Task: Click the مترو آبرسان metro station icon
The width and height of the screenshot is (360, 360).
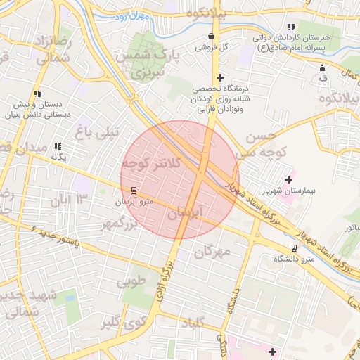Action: pos(133,190)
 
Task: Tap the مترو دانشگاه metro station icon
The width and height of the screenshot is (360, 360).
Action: pos(294,247)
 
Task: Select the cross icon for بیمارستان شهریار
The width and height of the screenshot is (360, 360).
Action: pos(288,179)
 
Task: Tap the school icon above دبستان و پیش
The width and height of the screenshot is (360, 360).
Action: pos(37,93)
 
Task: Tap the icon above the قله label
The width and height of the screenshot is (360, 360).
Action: pos(322,68)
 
